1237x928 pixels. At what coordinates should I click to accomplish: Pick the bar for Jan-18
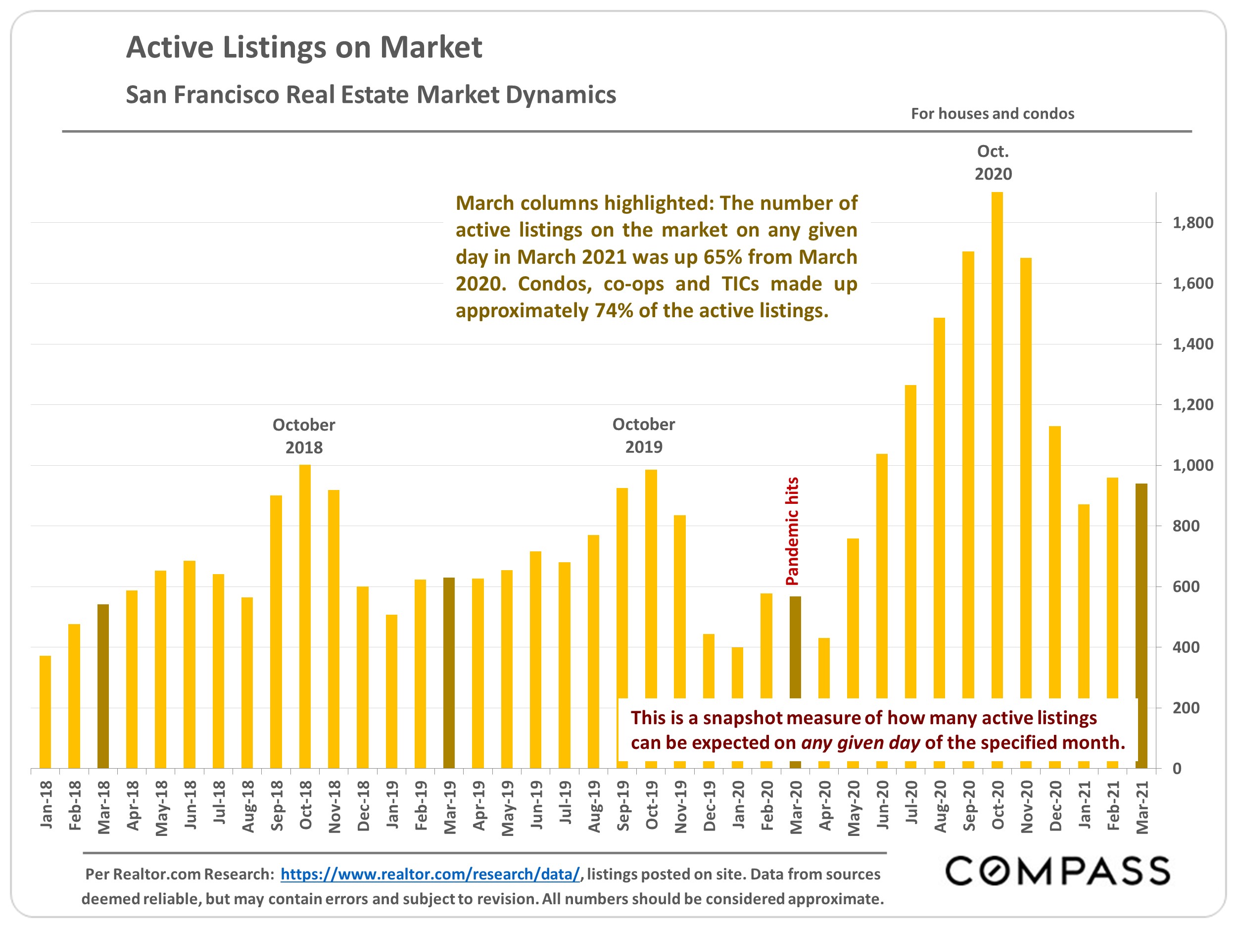click(x=46, y=712)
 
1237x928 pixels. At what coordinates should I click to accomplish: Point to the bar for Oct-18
click(x=305, y=616)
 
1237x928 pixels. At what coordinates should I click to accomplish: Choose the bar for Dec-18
click(x=362, y=677)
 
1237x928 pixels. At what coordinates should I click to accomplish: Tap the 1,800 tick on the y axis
click(x=1192, y=223)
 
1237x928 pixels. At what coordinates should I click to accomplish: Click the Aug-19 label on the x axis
click(x=593, y=806)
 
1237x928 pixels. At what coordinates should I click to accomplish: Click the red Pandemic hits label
click(x=792, y=531)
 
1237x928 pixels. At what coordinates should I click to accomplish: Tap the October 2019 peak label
click(x=643, y=435)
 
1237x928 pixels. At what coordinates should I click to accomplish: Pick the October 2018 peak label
click(x=304, y=436)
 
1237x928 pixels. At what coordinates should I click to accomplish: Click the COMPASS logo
click(x=1057, y=871)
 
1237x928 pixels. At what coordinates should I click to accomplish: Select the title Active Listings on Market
click(x=304, y=47)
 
